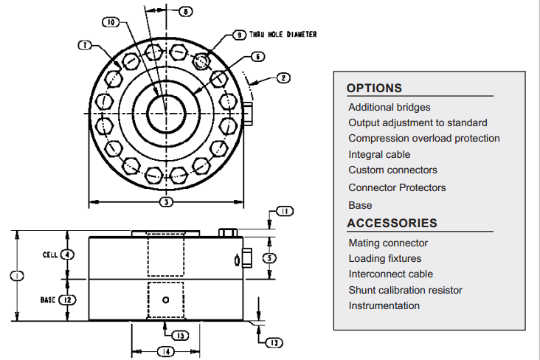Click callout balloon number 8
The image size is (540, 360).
[186, 11]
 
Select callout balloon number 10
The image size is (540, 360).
[111, 22]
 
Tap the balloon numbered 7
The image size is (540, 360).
[85, 45]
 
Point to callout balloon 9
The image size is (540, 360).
[239, 35]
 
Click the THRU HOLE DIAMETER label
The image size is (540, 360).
[283, 35]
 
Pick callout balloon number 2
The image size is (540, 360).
[283, 78]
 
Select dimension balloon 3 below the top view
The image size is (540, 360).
[166, 202]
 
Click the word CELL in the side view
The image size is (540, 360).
[50, 255]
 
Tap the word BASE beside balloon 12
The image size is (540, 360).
[48, 300]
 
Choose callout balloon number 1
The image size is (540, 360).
[17, 276]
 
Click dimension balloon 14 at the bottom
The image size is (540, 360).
[166, 352]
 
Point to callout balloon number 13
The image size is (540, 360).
[274, 343]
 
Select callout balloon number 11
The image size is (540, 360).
[285, 211]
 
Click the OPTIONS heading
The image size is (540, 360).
[374, 89]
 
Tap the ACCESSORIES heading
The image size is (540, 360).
[392, 224]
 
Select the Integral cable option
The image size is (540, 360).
[379, 154]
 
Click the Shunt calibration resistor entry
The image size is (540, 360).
[405, 290]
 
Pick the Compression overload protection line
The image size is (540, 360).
[424, 138]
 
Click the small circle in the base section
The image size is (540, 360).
[166, 300]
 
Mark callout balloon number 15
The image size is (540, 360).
[181, 336]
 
